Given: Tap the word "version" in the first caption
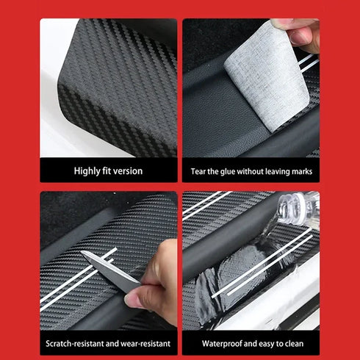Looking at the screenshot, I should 128,171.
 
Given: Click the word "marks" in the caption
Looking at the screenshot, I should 302,171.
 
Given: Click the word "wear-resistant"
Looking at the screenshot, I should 147,343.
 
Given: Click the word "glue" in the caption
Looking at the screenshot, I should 231,171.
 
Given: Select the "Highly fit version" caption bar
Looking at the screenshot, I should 108,171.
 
